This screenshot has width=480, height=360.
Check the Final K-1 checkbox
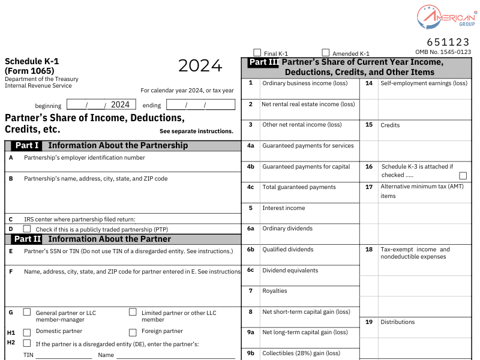point(257,53)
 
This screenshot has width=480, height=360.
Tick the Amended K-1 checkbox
point(326,53)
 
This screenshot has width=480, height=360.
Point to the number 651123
point(448,42)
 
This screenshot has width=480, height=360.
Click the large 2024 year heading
point(200,65)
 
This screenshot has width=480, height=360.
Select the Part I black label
point(27,145)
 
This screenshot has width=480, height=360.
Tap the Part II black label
point(27,239)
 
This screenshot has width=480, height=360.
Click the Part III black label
point(263,62)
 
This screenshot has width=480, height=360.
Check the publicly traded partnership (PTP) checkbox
point(27,229)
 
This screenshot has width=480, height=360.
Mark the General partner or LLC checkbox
point(27,312)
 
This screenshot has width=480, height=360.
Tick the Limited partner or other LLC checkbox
point(133,312)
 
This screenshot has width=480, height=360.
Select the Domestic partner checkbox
point(27,332)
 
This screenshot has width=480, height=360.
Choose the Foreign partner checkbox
point(133,332)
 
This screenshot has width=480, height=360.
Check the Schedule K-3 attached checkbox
point(463,176)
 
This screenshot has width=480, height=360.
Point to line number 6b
point(251,250)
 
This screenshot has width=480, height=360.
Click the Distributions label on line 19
point(397,322)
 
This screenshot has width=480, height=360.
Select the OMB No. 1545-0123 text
point(443,52)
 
